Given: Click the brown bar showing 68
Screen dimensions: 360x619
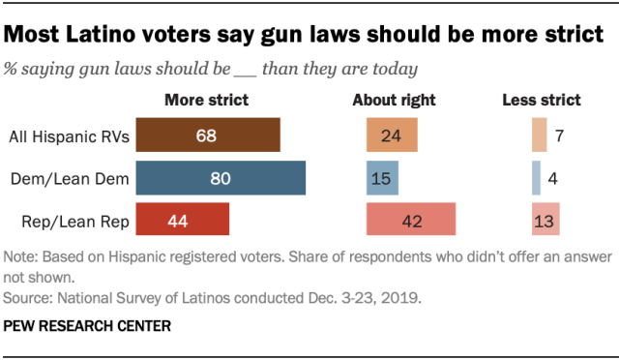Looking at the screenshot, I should [208, 135].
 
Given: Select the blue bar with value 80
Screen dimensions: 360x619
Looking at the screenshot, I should [221, 178].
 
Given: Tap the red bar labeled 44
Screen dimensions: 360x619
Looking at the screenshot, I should [183, 220].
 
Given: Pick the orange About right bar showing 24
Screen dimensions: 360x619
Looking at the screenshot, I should [392, 135].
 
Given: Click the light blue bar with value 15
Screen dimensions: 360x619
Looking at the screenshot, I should [382, 178].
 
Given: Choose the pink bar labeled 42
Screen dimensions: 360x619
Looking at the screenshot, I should [410, 220].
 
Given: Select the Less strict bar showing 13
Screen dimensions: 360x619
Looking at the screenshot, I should [545, 220].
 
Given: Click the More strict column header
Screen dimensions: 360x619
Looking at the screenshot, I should [206, 100].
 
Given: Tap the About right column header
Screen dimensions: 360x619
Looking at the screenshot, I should [394, 100].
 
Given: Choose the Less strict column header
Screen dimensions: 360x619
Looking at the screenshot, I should [541, 100].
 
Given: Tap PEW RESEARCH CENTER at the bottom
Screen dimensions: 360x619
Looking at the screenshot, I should [87, 327].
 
